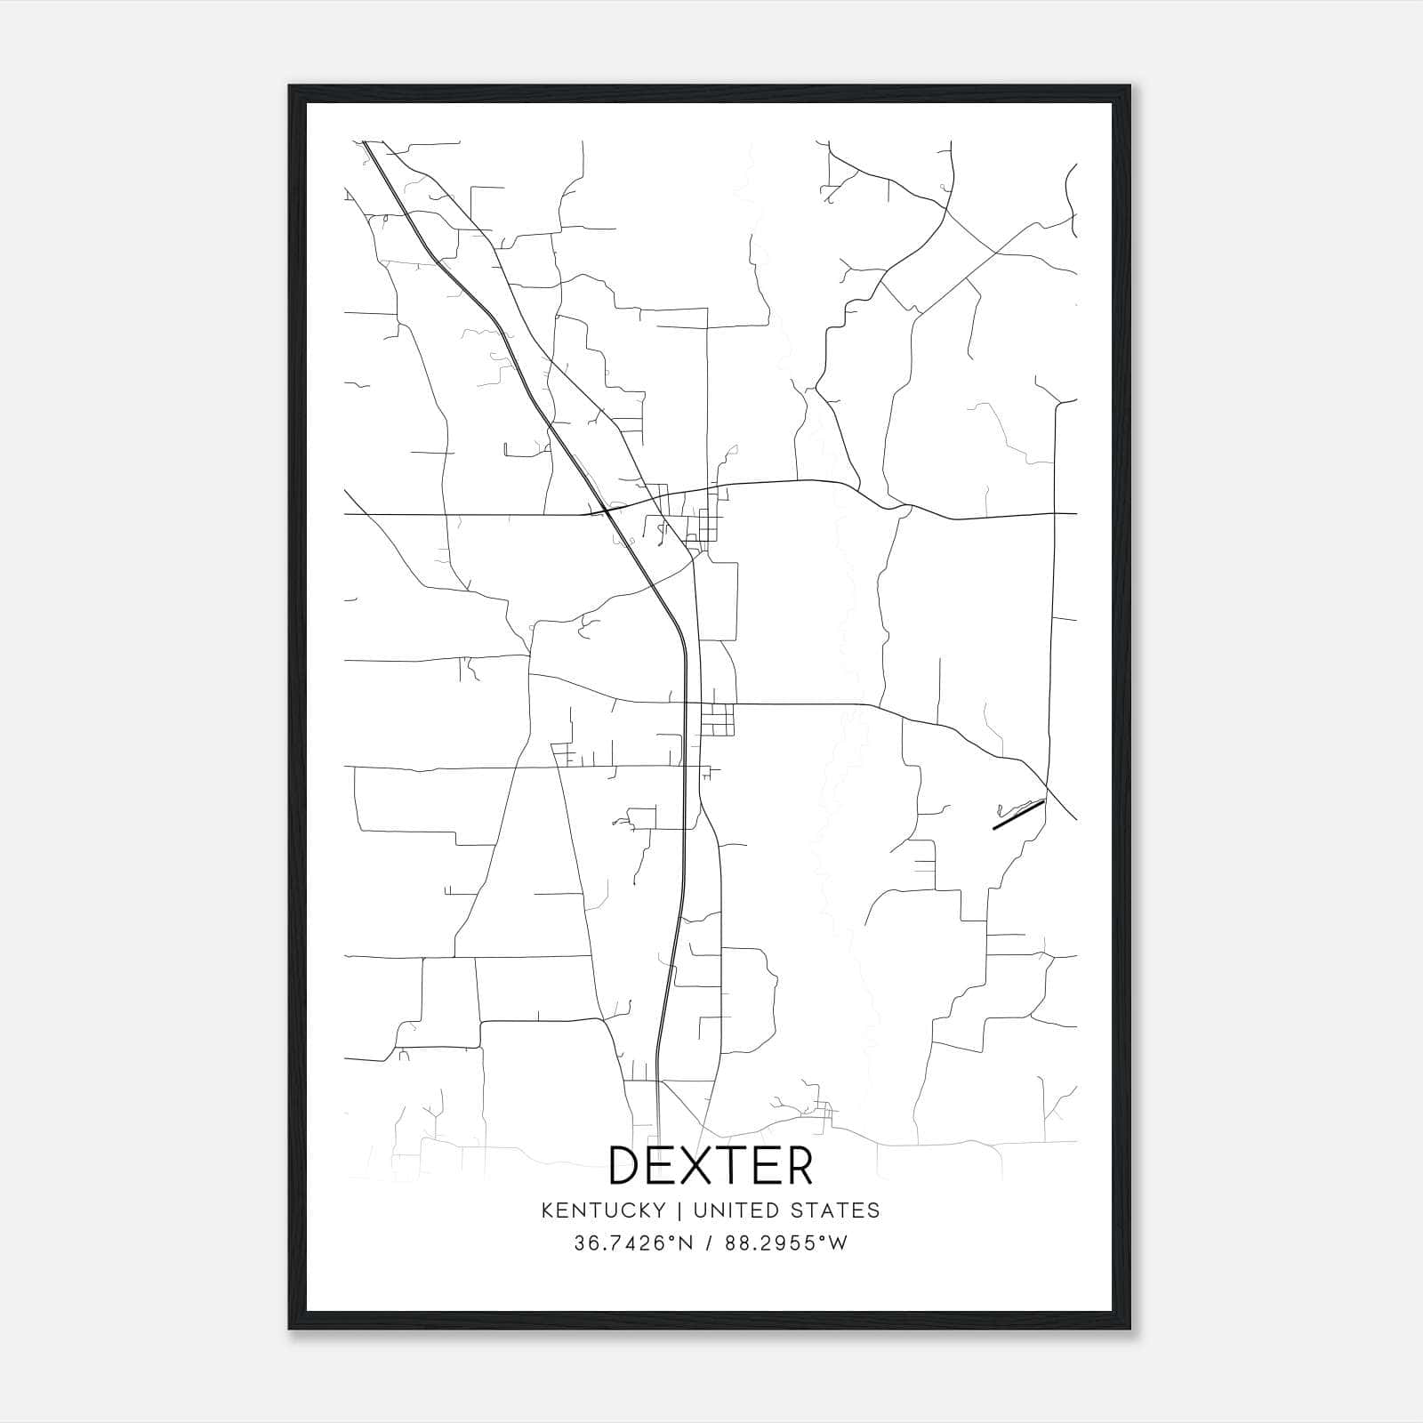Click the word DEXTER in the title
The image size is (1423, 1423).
[711, 1165]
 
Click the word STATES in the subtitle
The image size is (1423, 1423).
[836, 1210]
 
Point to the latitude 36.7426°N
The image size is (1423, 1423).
[632, 1243]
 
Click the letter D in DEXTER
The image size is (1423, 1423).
[627, 1165]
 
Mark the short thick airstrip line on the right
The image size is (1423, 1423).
[1017, 815]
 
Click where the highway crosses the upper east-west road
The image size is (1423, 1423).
[605, 510]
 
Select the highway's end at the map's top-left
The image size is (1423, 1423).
[366, 142]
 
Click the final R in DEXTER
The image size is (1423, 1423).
[798, 1165]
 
